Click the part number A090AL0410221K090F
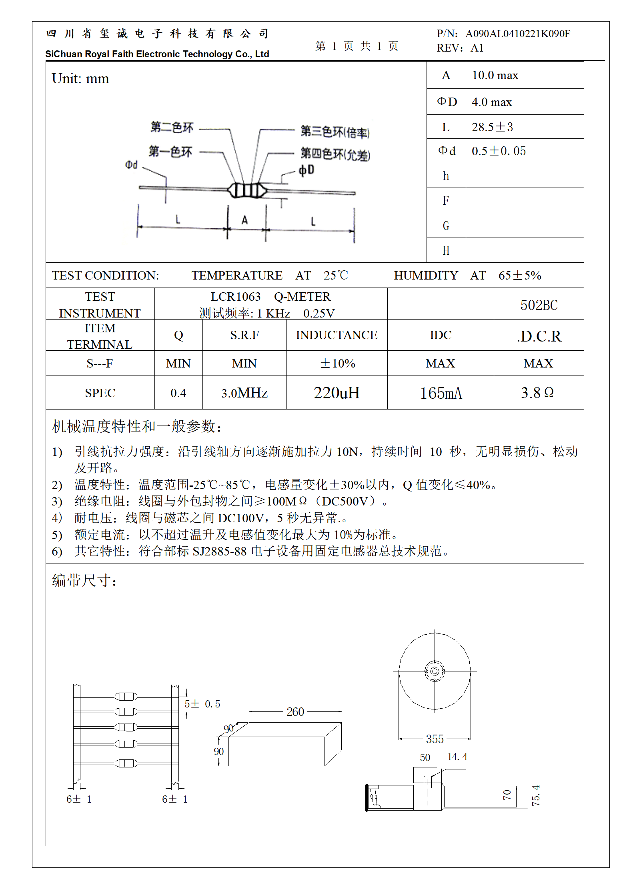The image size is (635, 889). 517,34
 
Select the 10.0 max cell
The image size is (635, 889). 495,75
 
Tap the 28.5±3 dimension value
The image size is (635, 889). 492,127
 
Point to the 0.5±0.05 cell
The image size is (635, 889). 499,151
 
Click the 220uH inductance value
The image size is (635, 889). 337,393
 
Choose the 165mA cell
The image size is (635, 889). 441,393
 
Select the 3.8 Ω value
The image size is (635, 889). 537,393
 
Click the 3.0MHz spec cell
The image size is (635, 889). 244,393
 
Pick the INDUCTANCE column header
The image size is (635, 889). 337,335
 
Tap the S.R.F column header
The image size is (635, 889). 244,335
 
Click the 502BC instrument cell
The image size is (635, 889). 539,305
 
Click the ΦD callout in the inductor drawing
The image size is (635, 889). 306,170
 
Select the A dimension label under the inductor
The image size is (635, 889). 245,220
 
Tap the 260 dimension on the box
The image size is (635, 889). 295,712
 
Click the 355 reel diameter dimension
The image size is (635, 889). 435,739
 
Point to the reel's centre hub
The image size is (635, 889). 435,671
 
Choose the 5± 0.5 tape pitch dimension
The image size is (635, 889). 202,704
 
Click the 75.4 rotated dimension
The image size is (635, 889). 536,795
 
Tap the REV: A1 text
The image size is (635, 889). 460,48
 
